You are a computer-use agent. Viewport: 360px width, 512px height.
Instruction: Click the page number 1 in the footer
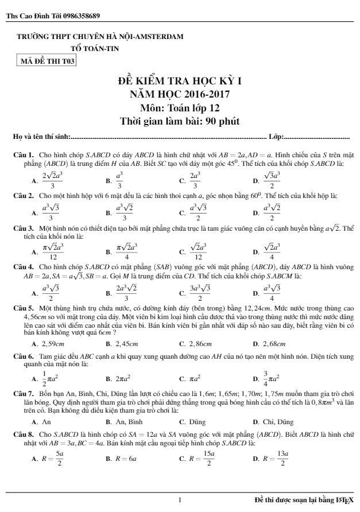(180, 500)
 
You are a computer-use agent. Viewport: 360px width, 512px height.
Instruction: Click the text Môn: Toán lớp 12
(179, 107)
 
